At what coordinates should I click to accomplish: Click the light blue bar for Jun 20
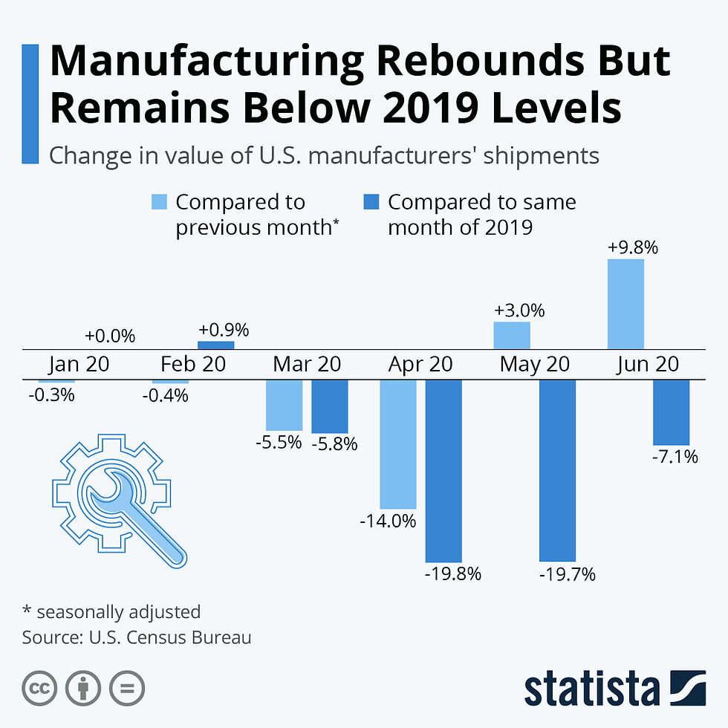click(x=625, y=304)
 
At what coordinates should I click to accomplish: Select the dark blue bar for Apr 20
click(x=443, y=470)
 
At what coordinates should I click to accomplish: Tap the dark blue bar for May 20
click(x=557, y=470)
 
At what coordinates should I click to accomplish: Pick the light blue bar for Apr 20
click(x=397, y=444)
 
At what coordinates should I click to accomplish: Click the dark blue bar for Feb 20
click(x=215, y=345)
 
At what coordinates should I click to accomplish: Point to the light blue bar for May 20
click(x=512, y=335)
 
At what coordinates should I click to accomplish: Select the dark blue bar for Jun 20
click(x=671, y=412)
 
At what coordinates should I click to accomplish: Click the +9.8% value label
click(x=633, y=248)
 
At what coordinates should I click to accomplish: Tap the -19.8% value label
click(x=453, y=573)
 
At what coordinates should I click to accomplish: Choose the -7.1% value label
click(x=675, y=458)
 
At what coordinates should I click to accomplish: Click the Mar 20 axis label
click(x=307, y=365)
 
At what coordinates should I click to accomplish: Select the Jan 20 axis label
click(x=79, y=365)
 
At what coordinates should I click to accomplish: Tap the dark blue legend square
click(x=372, y=202)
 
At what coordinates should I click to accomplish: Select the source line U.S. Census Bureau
click(x=137, y=637)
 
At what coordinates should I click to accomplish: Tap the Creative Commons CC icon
click(x=39, y=689)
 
